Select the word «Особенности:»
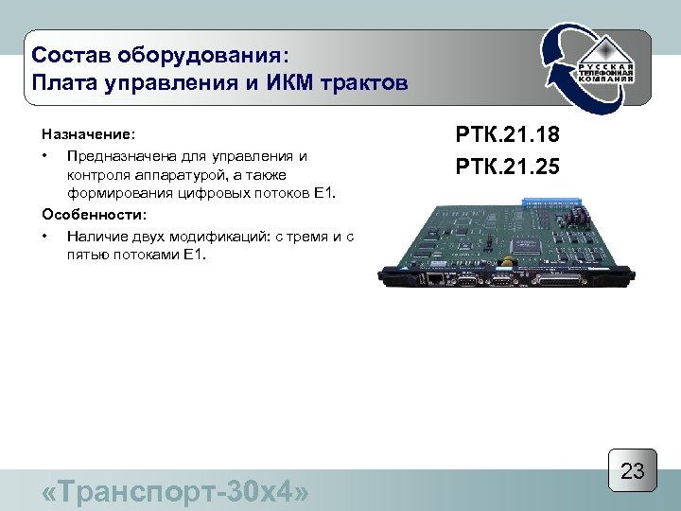click(x=94, y=215)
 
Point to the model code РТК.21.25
click(x=507, y=167)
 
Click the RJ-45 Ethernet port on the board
click(x=433, y=279)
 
